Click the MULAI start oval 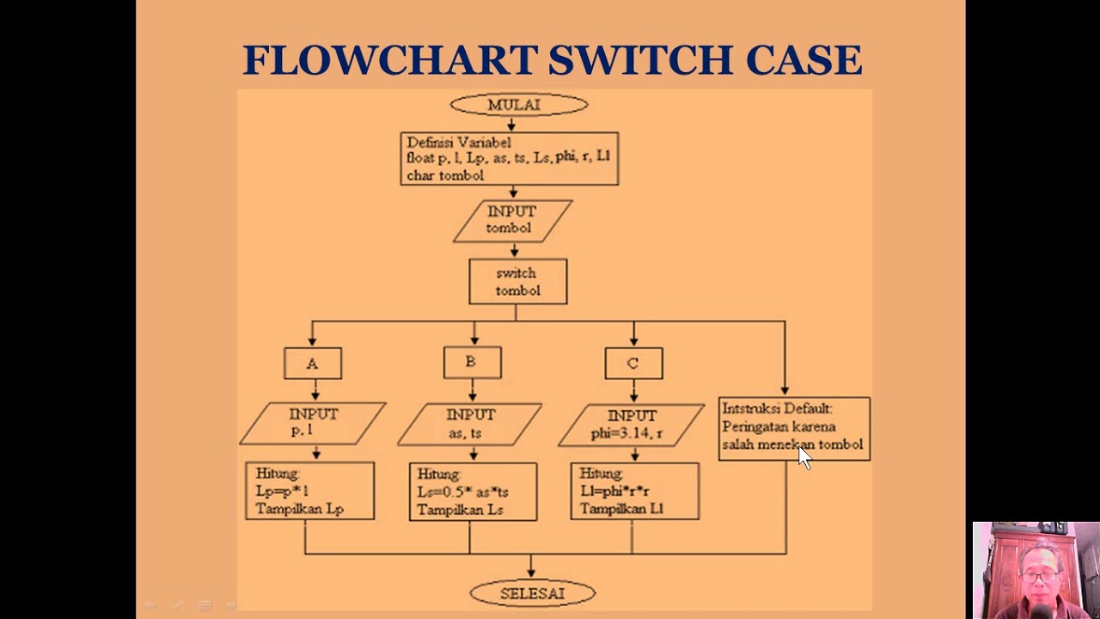click(x=518, y=105)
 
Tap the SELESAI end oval click(x=532, y=593)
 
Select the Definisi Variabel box click(x=509, y=159)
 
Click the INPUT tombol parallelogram click(x=512, y=221)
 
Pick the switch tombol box click(x=517, y=282)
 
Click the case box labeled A click(x=313, y=364)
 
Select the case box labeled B click(x=472, y=363)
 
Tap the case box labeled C click(x=633, y=364)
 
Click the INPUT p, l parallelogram click(x=313, y=423)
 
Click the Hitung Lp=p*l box click(x=309, y=491)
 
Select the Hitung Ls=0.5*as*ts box click(x=473, y=492)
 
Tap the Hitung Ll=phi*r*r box click(x=634, y=491)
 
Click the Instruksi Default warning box click(x=794, y=428)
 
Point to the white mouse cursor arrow click(x=804, y=457)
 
